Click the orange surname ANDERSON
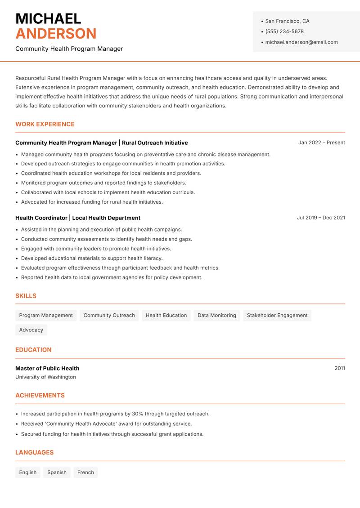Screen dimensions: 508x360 point(56,34)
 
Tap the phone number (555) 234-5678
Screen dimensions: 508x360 point(284,31)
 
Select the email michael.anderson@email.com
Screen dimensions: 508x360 point(301,42)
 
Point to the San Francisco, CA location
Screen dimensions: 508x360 point(287,21)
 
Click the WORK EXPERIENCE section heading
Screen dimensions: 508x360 point(45,124)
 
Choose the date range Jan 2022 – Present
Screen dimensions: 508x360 point(321,143)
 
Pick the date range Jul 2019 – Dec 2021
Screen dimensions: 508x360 point(321,218)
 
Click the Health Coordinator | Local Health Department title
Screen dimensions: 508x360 point(78,218)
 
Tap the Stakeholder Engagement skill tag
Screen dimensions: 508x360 point(277,315)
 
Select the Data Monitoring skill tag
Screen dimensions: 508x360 point(217,315)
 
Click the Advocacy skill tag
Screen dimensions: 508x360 point(31,330)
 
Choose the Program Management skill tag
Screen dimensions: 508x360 point(46,315)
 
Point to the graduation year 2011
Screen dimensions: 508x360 point(340,368)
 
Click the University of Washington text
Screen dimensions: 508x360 point(45,377)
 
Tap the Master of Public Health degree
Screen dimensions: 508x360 point(47,368)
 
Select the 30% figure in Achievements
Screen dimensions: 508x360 point(137,414)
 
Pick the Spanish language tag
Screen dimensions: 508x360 point(57,472)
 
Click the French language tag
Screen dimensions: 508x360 point(85,472)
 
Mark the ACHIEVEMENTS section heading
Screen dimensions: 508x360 point(40,395)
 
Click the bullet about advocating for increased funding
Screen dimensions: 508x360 point(92,202)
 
